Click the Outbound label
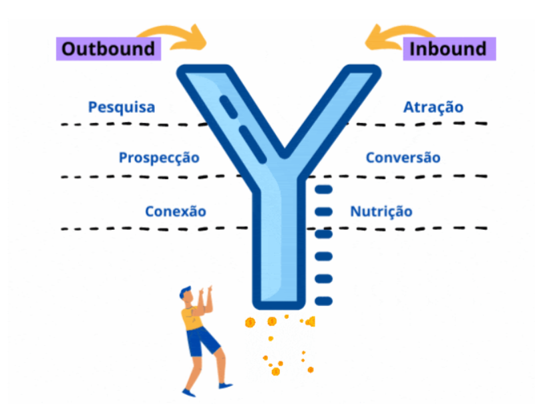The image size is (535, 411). (108, 49)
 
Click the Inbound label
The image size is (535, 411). (450, 49)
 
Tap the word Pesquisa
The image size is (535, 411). (122, 107)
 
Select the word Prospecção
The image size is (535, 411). (159, 158)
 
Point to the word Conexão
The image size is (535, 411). (176, 211)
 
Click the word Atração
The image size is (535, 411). (433, 107)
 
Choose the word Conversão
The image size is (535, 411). (403, 158)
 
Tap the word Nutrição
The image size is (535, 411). (381, 211)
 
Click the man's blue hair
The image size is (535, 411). (184, 292)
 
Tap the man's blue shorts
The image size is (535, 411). (202, 341)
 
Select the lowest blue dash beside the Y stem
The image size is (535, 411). (323, 301)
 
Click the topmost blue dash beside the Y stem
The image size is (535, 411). (323, 189)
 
